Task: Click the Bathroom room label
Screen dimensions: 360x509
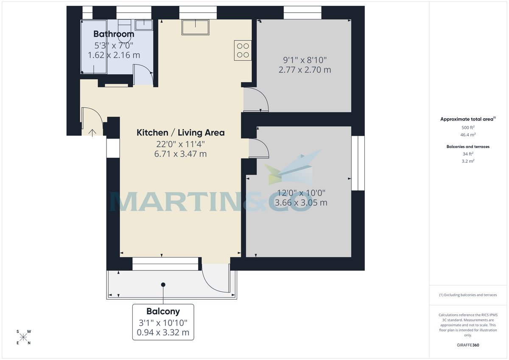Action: point(114,34)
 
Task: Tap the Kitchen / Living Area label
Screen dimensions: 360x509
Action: point(180,133)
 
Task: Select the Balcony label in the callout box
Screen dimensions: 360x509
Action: point(163,311)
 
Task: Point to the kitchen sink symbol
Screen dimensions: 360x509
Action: point(195,28)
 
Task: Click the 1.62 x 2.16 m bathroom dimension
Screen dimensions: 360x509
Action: point(114,55)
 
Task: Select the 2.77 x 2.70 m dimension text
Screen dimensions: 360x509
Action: point(305,70)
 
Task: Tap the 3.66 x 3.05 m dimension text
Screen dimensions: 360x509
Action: point(301,203)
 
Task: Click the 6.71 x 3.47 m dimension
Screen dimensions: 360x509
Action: point(180,154)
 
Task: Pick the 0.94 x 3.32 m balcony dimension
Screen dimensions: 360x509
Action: point(163,332)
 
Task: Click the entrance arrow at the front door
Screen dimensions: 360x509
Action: point(92,131)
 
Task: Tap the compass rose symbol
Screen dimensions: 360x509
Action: point(24,337)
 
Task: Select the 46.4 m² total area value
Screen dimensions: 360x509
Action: point(468,134)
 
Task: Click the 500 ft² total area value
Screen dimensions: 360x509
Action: point(468,127)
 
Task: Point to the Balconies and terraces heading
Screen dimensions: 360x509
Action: point(468,147)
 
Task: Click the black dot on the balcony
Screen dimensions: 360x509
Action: point(163,285)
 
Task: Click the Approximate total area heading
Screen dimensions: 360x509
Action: point(467,119)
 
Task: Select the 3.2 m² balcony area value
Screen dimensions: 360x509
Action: point(468,161)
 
